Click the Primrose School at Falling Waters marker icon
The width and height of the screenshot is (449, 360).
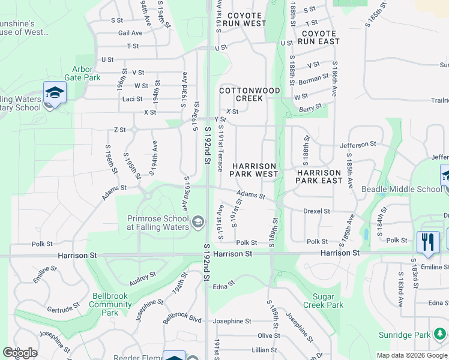pyautogui.click(x=197, y=223)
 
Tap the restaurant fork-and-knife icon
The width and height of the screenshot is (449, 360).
pyautogui.click(x=427, y=242)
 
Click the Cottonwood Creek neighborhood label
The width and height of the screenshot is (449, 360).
pyautogui.click(x=250, y=94)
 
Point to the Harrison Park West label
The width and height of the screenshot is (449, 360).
pyautogui.click(x=255, y=170)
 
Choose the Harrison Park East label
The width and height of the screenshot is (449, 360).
pyautogui.click(x=319, y=176)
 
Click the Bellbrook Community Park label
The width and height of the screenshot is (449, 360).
pyautogui.click(x=110, y=304)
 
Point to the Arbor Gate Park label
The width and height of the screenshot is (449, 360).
pyautogui.click(x=86, y=73)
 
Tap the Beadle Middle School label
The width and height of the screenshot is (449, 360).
pyautogui.click(x=401, y=189)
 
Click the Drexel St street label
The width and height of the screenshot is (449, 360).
pyautogui.click(x=316, y=211)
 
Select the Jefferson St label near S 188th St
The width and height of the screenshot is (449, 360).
pyautogui.click(x=357, y=145)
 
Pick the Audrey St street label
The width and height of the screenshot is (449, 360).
pyautogui.click(x=143, y=277)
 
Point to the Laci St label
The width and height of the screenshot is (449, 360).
pyautogui.click(x=132, y=99)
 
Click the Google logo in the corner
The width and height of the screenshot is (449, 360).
pyautogui.click(x=20, y=353)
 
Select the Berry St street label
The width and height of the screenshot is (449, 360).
pyautogui.click(x=311, y=108)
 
